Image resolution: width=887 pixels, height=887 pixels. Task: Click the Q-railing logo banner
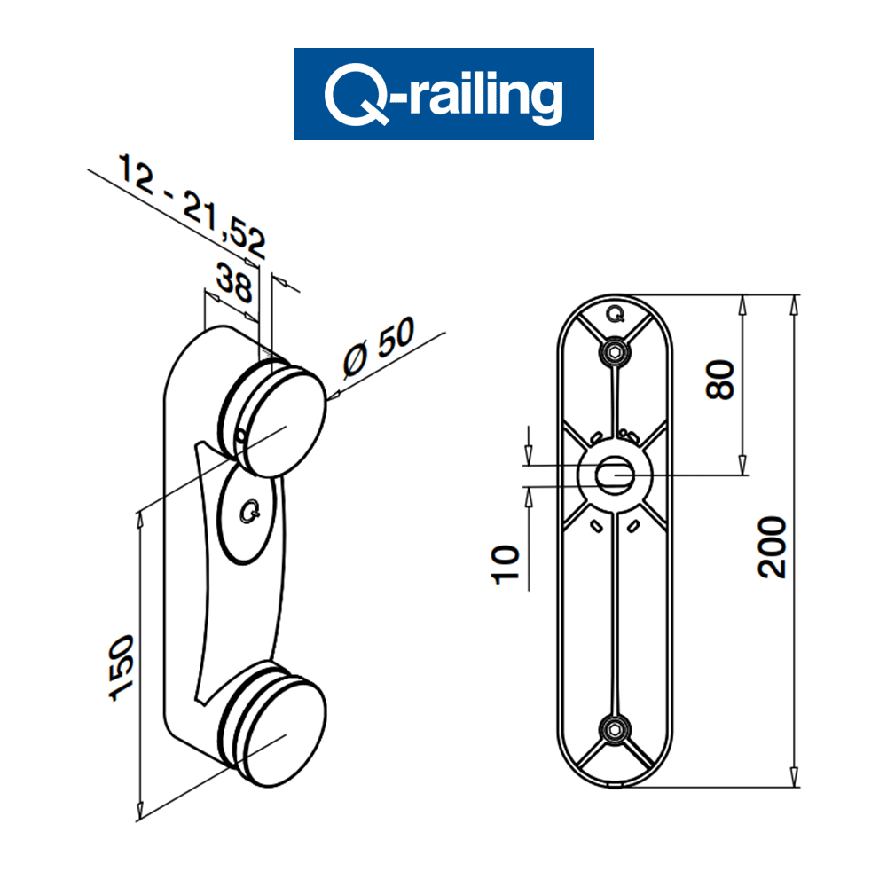pos(443,93)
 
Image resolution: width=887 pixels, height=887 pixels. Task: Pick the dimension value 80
pos(724,380)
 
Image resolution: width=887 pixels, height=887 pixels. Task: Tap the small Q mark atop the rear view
pos(614,312)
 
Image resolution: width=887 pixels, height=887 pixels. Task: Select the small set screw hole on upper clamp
pos(241,435)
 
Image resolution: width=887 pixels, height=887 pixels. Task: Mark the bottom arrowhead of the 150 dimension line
pos(139,809)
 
